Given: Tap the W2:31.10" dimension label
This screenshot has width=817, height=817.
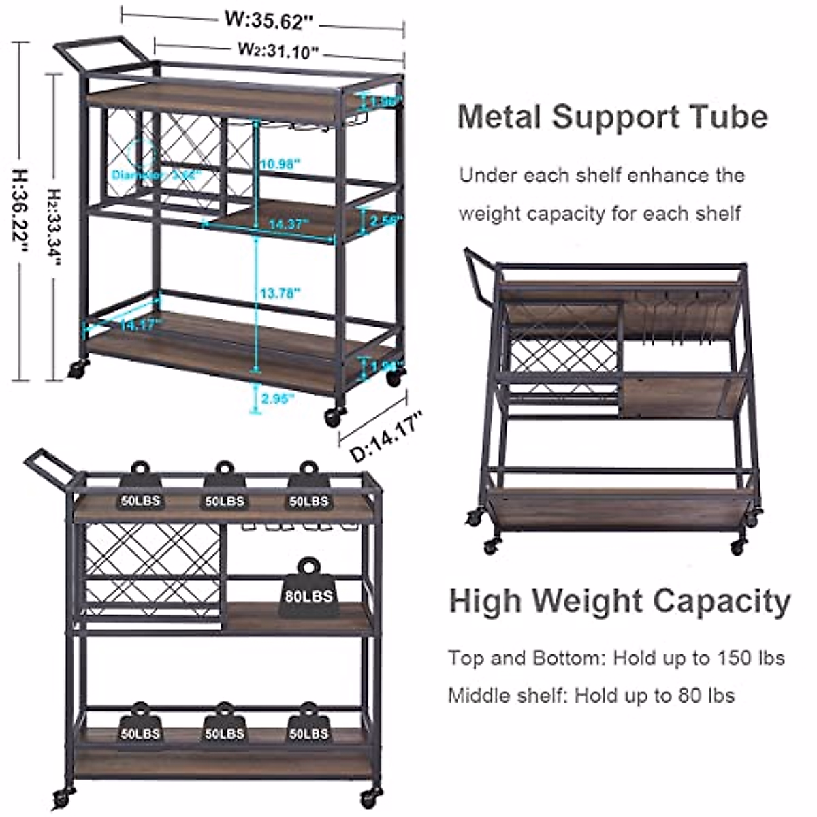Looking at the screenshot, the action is click(278, 50).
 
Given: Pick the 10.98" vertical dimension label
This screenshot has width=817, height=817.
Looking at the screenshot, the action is click(279, 163).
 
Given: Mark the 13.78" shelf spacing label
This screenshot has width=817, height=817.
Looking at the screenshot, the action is click(279, 293).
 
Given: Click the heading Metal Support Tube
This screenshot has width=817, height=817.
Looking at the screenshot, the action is click(613, 116).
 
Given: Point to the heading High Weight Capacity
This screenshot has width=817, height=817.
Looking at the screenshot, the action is click(620, 601).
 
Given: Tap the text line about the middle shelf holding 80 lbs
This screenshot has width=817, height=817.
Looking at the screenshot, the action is click(591, 695).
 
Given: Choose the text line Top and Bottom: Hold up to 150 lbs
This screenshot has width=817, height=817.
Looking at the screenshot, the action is click(616, 658).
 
